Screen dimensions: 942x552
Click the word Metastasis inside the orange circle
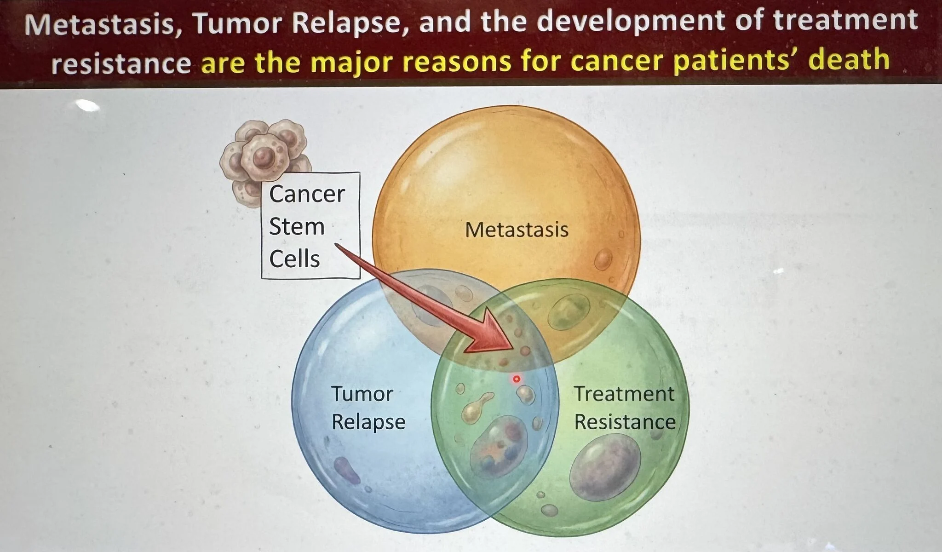coord(517,230)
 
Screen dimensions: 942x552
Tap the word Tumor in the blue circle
coord(362,394)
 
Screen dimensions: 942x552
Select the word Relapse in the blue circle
coord(368,422)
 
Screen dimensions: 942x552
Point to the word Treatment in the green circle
coord(624,394)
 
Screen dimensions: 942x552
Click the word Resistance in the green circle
coord(625,422)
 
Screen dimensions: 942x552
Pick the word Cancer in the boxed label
coord(307,194)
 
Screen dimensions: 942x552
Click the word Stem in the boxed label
coord(297,226)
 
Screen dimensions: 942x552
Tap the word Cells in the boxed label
coord(294,259)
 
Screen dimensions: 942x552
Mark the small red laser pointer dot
coord(516,379)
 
